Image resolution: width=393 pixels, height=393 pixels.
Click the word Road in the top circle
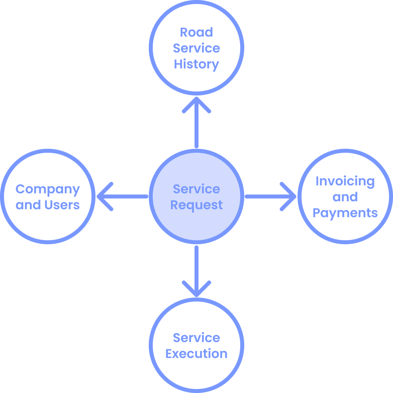pos(196,32)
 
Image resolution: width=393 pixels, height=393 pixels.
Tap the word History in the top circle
pos(196,64)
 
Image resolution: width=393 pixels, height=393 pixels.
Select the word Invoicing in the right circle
pos(345,181)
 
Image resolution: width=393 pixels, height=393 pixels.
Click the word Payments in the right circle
pos(345,213)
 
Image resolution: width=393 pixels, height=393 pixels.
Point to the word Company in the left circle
pos(48,189)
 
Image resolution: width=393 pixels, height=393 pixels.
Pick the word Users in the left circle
pos(62,205)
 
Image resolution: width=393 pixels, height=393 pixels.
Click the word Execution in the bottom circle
pos(196,354)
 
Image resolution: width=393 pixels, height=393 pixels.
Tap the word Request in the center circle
pos(196,205)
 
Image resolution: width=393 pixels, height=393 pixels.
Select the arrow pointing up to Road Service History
pos(196,123)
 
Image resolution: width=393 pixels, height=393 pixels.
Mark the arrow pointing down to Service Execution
pos(196,270)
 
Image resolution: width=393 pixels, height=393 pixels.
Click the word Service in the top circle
pos(196,48)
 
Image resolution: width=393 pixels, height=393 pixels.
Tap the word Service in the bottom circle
pos(196,338)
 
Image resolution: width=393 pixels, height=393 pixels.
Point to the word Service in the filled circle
pos(196,189)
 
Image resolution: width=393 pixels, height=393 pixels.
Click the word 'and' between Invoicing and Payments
pos(345,197)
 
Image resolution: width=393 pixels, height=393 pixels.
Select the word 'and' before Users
pos(28,205)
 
